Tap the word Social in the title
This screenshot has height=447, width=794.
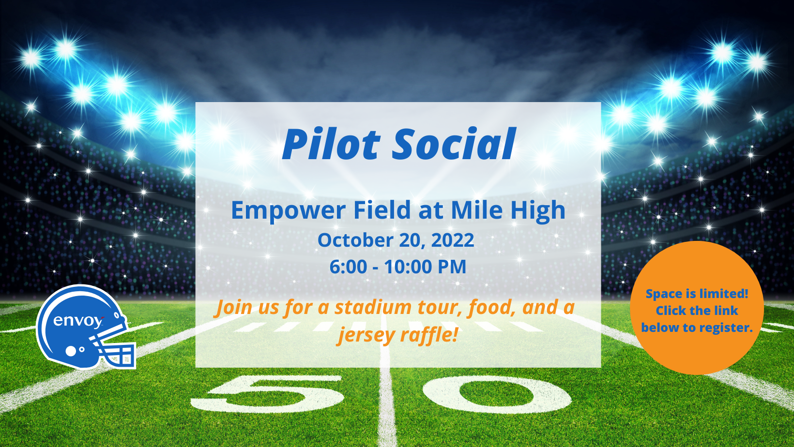coord(454,145)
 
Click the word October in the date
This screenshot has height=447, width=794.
coord(355,240)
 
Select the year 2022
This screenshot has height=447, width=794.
coord(452,240)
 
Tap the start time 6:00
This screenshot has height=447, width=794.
coord(348,267)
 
